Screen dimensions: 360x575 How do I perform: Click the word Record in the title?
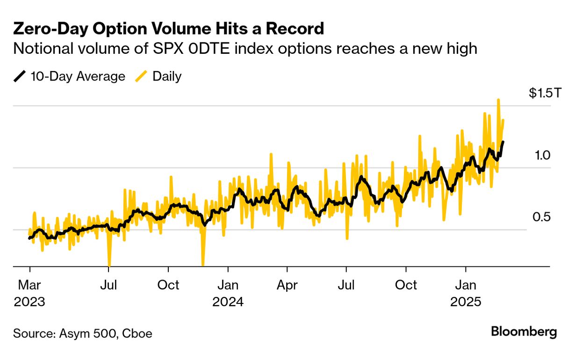tap(295, 29)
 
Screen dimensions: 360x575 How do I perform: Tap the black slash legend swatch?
tap(20, 76)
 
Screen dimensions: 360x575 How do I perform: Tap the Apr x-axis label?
tap(287, 285)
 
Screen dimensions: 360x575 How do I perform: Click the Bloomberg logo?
tap(524, 332)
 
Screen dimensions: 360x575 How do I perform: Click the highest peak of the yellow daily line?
tap(498, 100)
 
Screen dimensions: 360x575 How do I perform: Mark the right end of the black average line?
tap(503, 142)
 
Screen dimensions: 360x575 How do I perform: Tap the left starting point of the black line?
tap(29, 238)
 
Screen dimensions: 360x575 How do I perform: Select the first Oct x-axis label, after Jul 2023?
tap(168, 285)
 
